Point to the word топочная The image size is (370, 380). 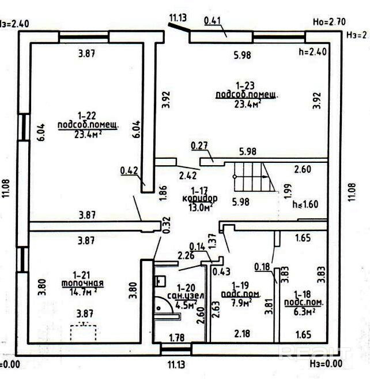pos(82,283)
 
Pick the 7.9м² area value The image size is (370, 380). pos(237,302)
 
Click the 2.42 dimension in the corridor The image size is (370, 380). pos(187,174)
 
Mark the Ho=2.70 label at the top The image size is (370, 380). pos(329,22)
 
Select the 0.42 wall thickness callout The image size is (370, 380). pos(129,170)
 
